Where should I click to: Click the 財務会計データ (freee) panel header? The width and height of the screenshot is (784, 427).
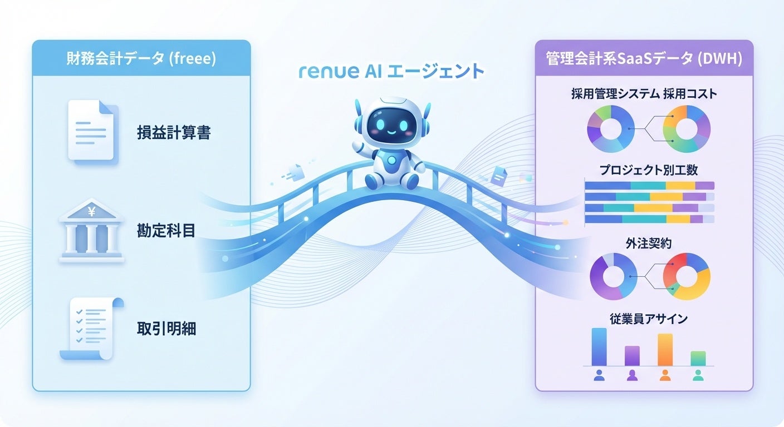coord(141,58)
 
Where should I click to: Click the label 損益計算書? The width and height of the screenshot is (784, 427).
coord(174,133)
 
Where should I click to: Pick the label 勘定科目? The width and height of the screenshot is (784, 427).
coord(166,231)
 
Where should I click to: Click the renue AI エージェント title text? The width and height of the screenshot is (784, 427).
coord(391,72)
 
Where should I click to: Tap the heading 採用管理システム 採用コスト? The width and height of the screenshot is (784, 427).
coord(644,94)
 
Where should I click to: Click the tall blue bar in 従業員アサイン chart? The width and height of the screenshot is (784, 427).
coord(599,347)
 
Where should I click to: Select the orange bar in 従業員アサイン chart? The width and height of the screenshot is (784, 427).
coord(665,350)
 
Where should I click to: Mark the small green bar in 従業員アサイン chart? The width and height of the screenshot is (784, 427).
coord(698,358)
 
